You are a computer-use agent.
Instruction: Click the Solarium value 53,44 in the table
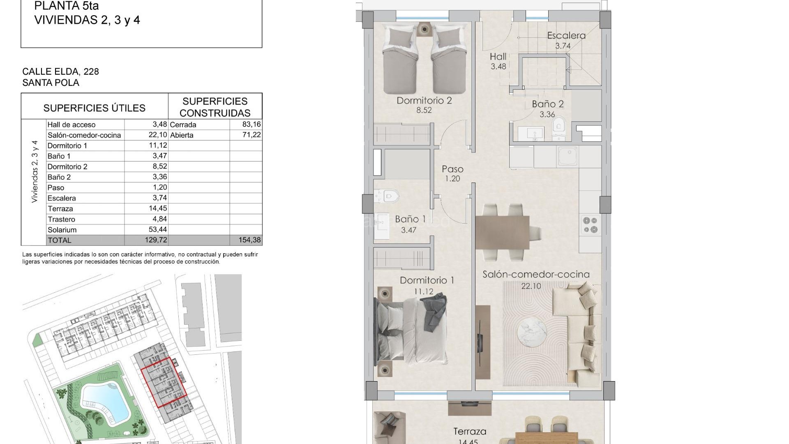[158, 229]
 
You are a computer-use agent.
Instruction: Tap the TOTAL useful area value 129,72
[156, 240]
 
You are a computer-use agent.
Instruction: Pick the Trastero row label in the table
[61, 219]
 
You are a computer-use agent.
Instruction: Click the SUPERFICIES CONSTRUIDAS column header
[215, 107]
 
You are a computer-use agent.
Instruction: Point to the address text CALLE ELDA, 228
[60, 72]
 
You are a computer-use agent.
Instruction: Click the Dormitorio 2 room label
[424, 101]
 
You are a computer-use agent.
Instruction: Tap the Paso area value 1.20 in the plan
[452, 179]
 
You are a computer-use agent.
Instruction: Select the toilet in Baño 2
[559, 125]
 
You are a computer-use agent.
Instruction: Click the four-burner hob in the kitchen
[590, 225]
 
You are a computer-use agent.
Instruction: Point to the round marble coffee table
[532, 333]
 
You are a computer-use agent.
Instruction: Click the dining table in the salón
[502, 233]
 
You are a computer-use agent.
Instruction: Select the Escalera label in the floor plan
[566, 36]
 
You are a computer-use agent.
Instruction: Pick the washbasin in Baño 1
[382, 226]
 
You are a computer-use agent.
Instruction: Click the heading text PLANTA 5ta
[66, 6]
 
